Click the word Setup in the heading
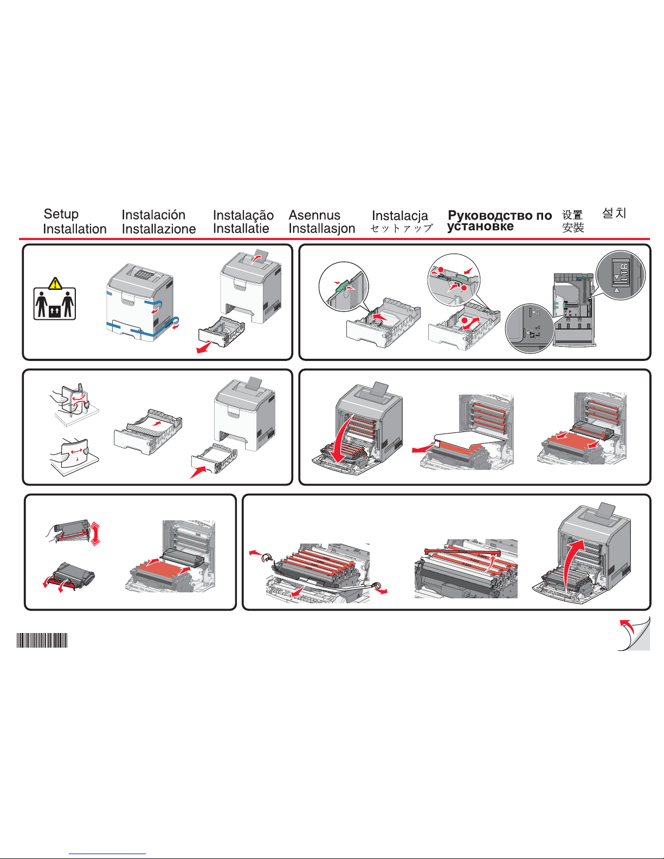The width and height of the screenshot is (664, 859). (61, 214)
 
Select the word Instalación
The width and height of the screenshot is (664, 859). (153, 215)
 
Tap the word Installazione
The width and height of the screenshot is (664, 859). (158, 229)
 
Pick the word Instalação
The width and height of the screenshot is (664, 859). (243, 216)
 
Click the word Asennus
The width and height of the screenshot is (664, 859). (314, 215)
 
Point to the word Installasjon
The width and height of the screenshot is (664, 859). (322, 229)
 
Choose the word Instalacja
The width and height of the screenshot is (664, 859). (399, 216)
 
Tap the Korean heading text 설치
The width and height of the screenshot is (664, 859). (614, 213)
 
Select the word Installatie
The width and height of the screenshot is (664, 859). (241, 229)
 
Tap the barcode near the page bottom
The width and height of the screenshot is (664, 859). (42, 640)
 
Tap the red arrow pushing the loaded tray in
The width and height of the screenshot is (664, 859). (198, 472)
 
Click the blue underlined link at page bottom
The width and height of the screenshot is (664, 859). (107, 854)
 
